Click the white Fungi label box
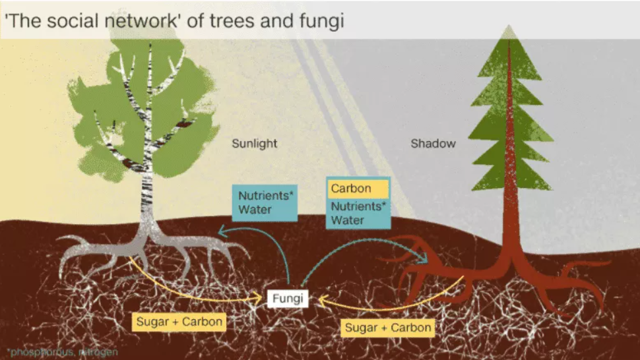pos(288,299)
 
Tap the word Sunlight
pos(255,143)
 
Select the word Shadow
pos(433,143)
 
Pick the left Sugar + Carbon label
pos(179,322)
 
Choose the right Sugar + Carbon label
pos(389,327)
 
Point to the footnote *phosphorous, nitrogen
pos(63,352)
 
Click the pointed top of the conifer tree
pos(507,30)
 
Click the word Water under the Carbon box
pos(348,220)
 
